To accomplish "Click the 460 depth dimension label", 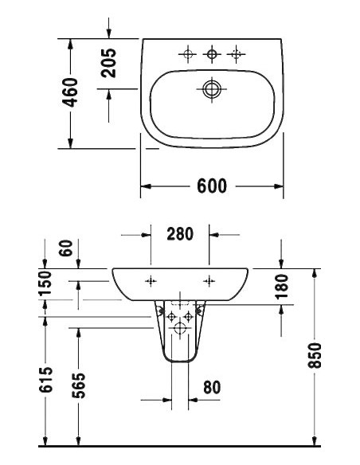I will click(x=71, y=93).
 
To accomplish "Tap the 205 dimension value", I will click(x=109, y=63).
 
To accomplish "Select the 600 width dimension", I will click(x=211, y=186).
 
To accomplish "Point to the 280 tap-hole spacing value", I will click(x=180, y=234).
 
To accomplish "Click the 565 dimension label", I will click(x=78, y=385).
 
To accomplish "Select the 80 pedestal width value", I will click(x=211, y=388).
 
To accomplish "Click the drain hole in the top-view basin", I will click(x=211, y=89).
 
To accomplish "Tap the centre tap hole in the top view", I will click(x=212, y=54).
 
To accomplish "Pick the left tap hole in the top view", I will click(x=188, y=54).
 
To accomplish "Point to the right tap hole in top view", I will click(x=235, y=54).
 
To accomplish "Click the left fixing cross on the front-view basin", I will click(x=151, y=280).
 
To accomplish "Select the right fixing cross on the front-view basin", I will click(x=209, y=280).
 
